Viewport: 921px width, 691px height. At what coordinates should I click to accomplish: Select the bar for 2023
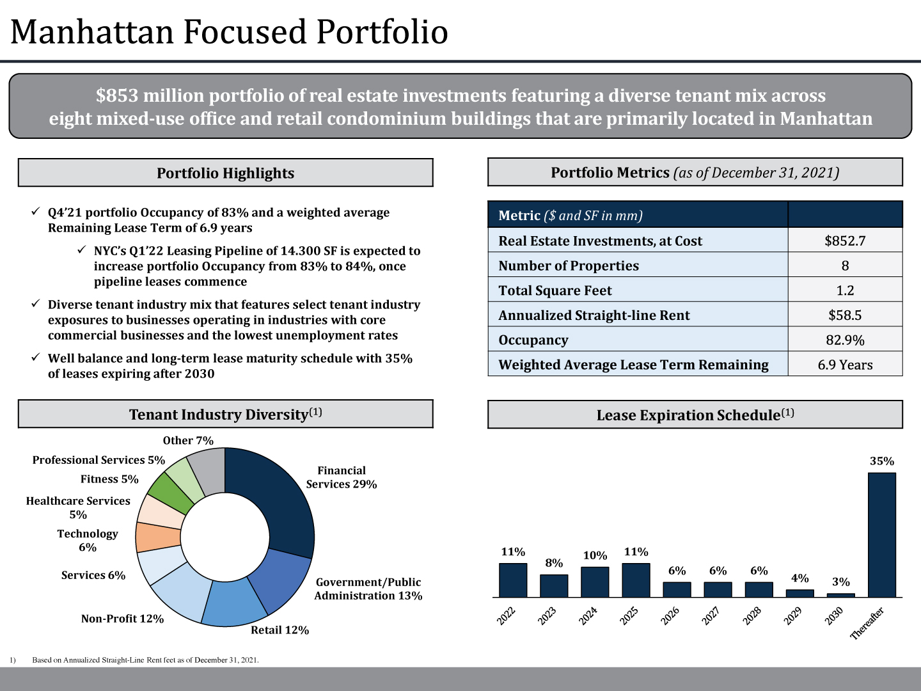coord(554,585)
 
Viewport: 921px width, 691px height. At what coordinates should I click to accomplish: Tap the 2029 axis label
coord(793,616)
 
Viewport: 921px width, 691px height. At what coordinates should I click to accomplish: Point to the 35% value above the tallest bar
coord(881,461)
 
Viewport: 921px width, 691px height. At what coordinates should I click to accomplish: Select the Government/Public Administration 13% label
coord(368,589)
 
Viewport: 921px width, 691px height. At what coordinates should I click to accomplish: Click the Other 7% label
coord(188,441)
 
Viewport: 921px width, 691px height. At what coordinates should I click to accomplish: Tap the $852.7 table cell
coord(845,241)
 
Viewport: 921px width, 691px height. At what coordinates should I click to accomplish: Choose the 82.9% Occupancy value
coord(845,340)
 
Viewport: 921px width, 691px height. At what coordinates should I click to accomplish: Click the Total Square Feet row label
coord(555,290)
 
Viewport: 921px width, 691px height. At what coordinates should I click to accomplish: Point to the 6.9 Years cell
coord(845,365)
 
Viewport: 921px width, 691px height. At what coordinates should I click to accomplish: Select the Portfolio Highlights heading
coord(225,173)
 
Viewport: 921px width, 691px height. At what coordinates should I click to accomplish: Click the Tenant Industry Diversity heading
coord(225,415)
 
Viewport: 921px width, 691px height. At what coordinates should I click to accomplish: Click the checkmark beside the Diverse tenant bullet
coord(36,304)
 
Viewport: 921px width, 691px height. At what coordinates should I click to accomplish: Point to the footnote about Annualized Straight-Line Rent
coord(145,660)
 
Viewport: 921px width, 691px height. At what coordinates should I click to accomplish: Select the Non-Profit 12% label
coord(122,619)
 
